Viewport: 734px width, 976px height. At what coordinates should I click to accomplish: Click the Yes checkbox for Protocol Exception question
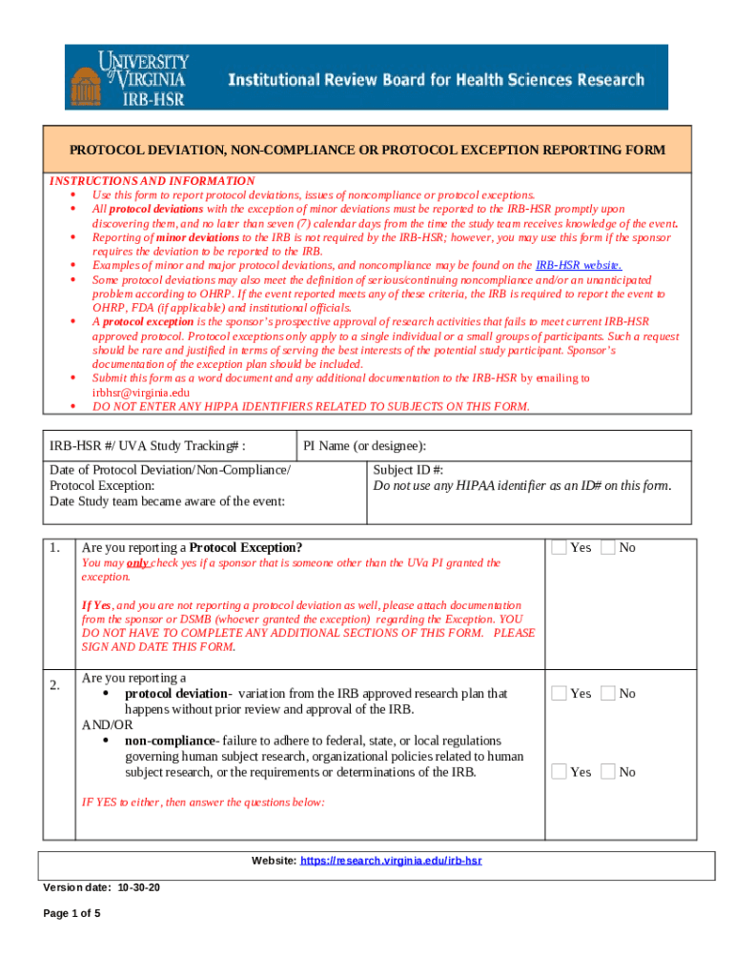click(560, 547)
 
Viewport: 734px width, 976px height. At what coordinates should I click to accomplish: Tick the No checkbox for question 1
click(607, 547)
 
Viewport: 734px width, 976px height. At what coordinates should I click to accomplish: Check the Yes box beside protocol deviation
click(560, 694)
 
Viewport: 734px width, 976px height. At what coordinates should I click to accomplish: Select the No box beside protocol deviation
click(607, 694)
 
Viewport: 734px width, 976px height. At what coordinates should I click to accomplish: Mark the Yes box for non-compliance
click(560, 772)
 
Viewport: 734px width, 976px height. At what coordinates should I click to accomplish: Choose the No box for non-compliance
click(607, 772)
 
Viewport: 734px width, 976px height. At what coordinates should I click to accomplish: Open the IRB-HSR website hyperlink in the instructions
click(579, 265)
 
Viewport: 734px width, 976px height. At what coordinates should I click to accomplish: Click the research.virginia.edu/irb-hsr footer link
click(391, 861)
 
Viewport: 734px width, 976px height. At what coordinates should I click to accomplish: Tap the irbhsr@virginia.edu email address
click(141, 392)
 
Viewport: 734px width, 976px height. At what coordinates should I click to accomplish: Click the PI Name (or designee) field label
click(364, 446)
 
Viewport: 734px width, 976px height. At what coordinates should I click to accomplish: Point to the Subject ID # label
click(408, 470)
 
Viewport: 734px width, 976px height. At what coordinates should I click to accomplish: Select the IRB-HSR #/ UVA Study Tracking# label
click(148, 446)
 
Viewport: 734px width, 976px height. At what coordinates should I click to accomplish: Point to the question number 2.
click(55, 685)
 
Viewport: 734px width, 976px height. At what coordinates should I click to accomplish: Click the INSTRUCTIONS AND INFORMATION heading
click(153, 181)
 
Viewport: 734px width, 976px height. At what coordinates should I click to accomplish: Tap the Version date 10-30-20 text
click(102, 888)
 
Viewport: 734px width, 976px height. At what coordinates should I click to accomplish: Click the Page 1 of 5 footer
click(72, 914)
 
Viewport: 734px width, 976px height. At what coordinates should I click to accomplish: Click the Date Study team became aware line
click(167, 501)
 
